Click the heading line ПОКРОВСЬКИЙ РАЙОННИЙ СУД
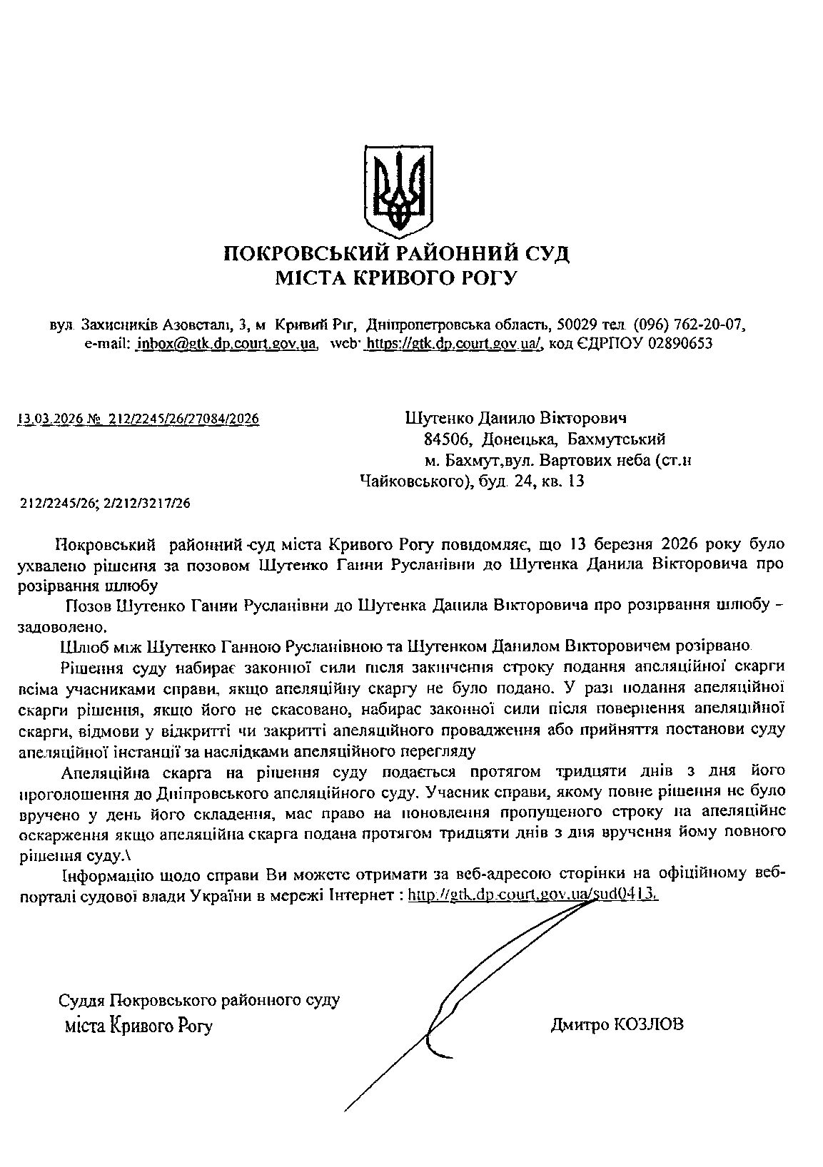397,254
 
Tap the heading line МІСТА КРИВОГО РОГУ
397,278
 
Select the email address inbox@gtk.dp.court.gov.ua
226,344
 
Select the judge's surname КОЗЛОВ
648,1025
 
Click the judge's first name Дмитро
579,1025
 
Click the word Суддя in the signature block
83,1000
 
